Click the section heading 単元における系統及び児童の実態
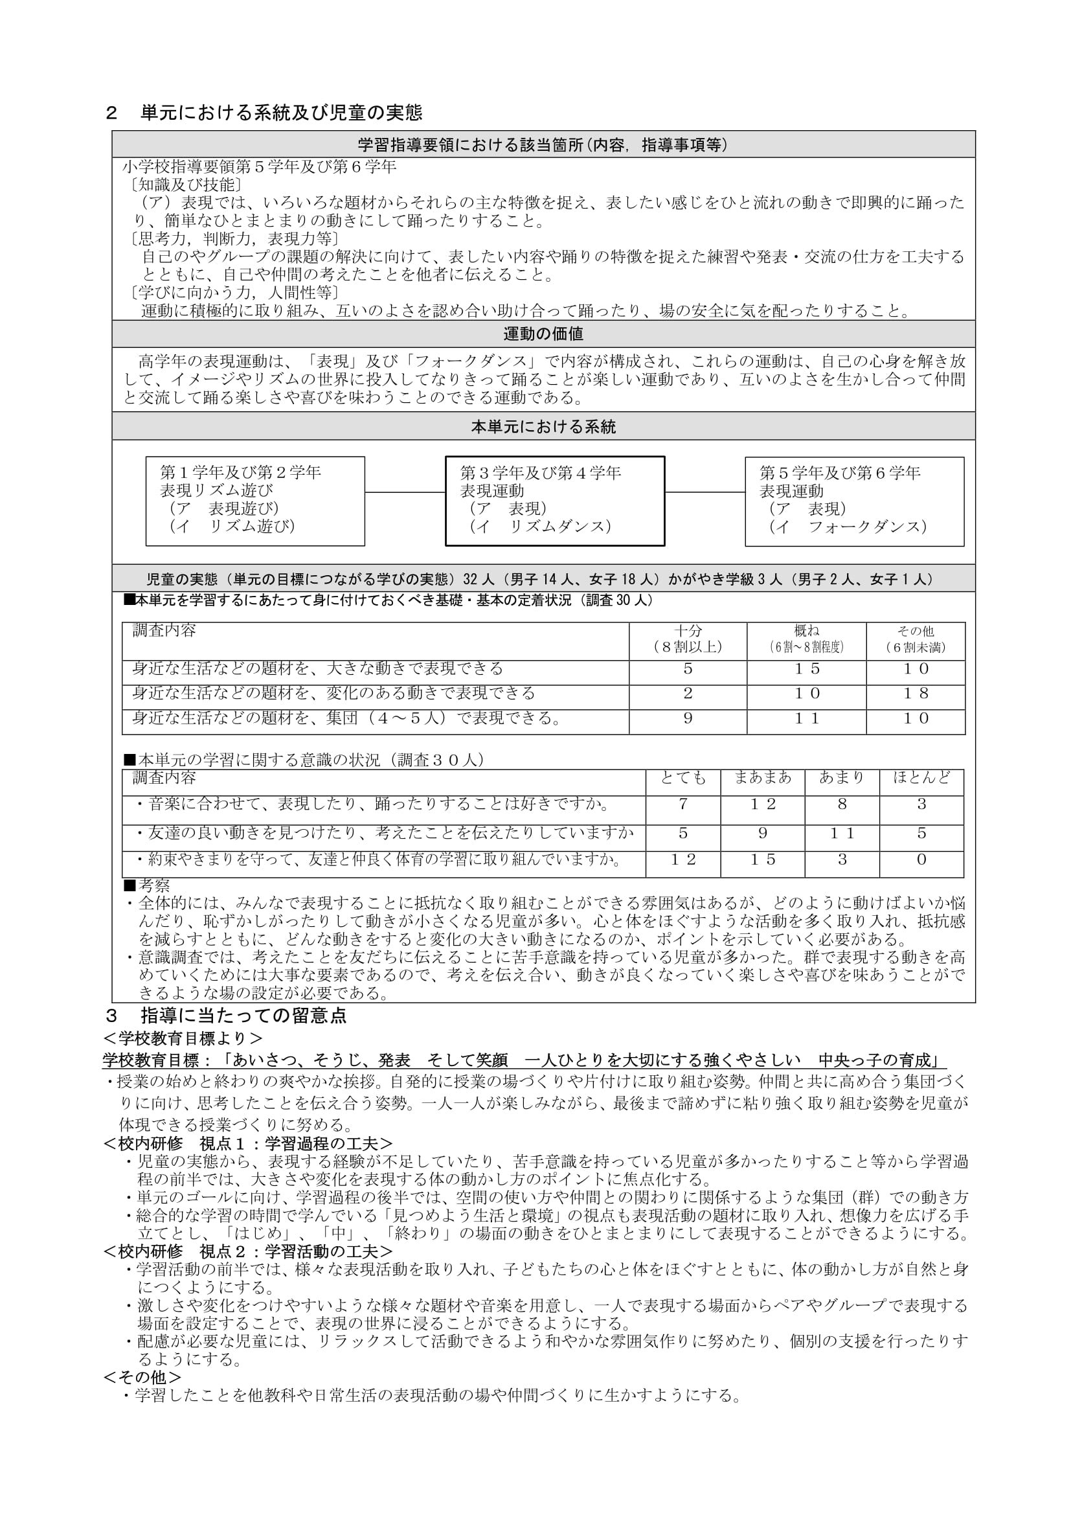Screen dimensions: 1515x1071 pyautogui.click(x=281, y=113)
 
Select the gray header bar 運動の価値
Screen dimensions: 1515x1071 pyautogui.click(x=543, y=334)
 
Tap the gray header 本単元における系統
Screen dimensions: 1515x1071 pyautogui.click(x=543, y=427)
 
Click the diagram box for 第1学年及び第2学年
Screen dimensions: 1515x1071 pyautogui.click(x=254, y=501)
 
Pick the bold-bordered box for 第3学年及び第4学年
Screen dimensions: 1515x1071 pyautogui.click(x=555, y=501)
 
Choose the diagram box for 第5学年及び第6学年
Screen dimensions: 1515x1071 pyautogui.click(x=854, y=501)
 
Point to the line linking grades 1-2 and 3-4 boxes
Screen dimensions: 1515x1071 pyautogui.click(x=405, y=492)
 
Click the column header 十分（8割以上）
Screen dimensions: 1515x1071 pyautogui.click(x=687, y=639)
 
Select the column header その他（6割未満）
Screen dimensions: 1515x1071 pyautogui.click(x=916, y=639)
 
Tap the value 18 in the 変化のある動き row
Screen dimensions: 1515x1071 pyautogui.click(x=916, y=694)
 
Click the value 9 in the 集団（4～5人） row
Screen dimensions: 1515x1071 pyautogui.click(x=687, y=718)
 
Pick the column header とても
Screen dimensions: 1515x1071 pyautogui.click(x=682, y=779)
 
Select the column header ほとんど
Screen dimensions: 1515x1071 pyautogui.click(x=921, y=778)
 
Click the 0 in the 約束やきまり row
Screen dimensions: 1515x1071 pyautogui.click(x=921, y=860)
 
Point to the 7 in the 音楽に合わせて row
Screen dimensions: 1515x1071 pyautogui.click(x=682, y=804)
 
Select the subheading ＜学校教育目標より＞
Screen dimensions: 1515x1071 pyautogui.click(x=183, y=1038)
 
